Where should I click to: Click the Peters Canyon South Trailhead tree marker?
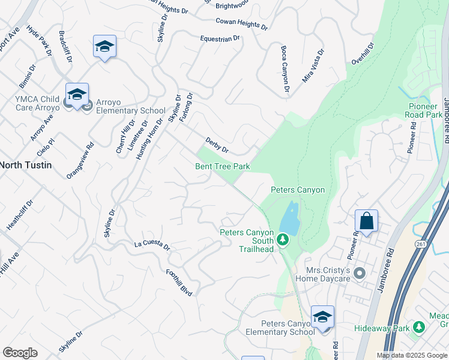click(283, 241)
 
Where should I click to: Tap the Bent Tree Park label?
click(222, 166)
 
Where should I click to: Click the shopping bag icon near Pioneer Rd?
click(366, 221)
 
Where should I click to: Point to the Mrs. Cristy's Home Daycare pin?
click(360, 274)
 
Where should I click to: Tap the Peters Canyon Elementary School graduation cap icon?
click(322, 317)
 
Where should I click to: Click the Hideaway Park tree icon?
click(420, 327)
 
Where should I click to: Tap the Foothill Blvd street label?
click(179, 282)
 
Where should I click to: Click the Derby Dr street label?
click(217, 144)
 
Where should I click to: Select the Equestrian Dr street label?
click(220, 38)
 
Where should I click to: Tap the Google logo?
click(20, 353)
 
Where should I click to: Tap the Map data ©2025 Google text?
click(412, 355)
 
